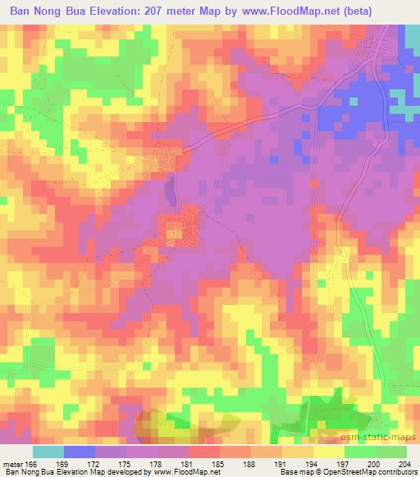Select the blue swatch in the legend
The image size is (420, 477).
click(80, 451)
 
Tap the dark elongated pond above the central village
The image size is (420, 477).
click(171, 191)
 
